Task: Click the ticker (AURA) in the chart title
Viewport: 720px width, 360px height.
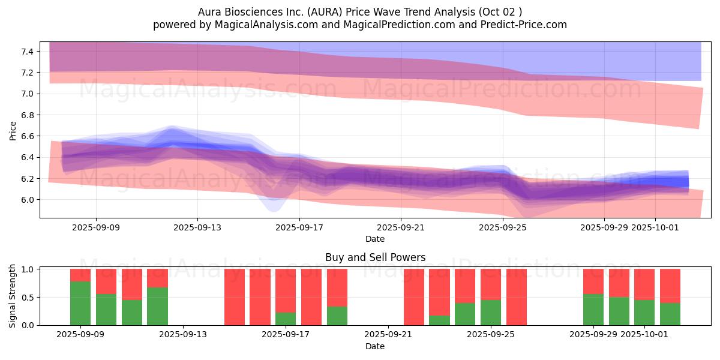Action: pos(325,12)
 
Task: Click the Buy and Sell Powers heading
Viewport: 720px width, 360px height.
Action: pos(375,257)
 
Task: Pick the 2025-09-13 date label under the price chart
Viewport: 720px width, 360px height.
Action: pos(198,227)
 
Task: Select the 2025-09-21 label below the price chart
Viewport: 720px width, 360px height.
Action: pos(401,227)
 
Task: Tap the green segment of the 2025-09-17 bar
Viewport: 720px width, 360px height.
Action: pos(286,319)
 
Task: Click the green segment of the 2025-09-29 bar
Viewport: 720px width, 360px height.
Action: pos(593,310)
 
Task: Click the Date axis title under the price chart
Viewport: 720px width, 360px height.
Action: pos(375,239)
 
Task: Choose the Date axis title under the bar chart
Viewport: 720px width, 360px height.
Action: pos(375,346)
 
